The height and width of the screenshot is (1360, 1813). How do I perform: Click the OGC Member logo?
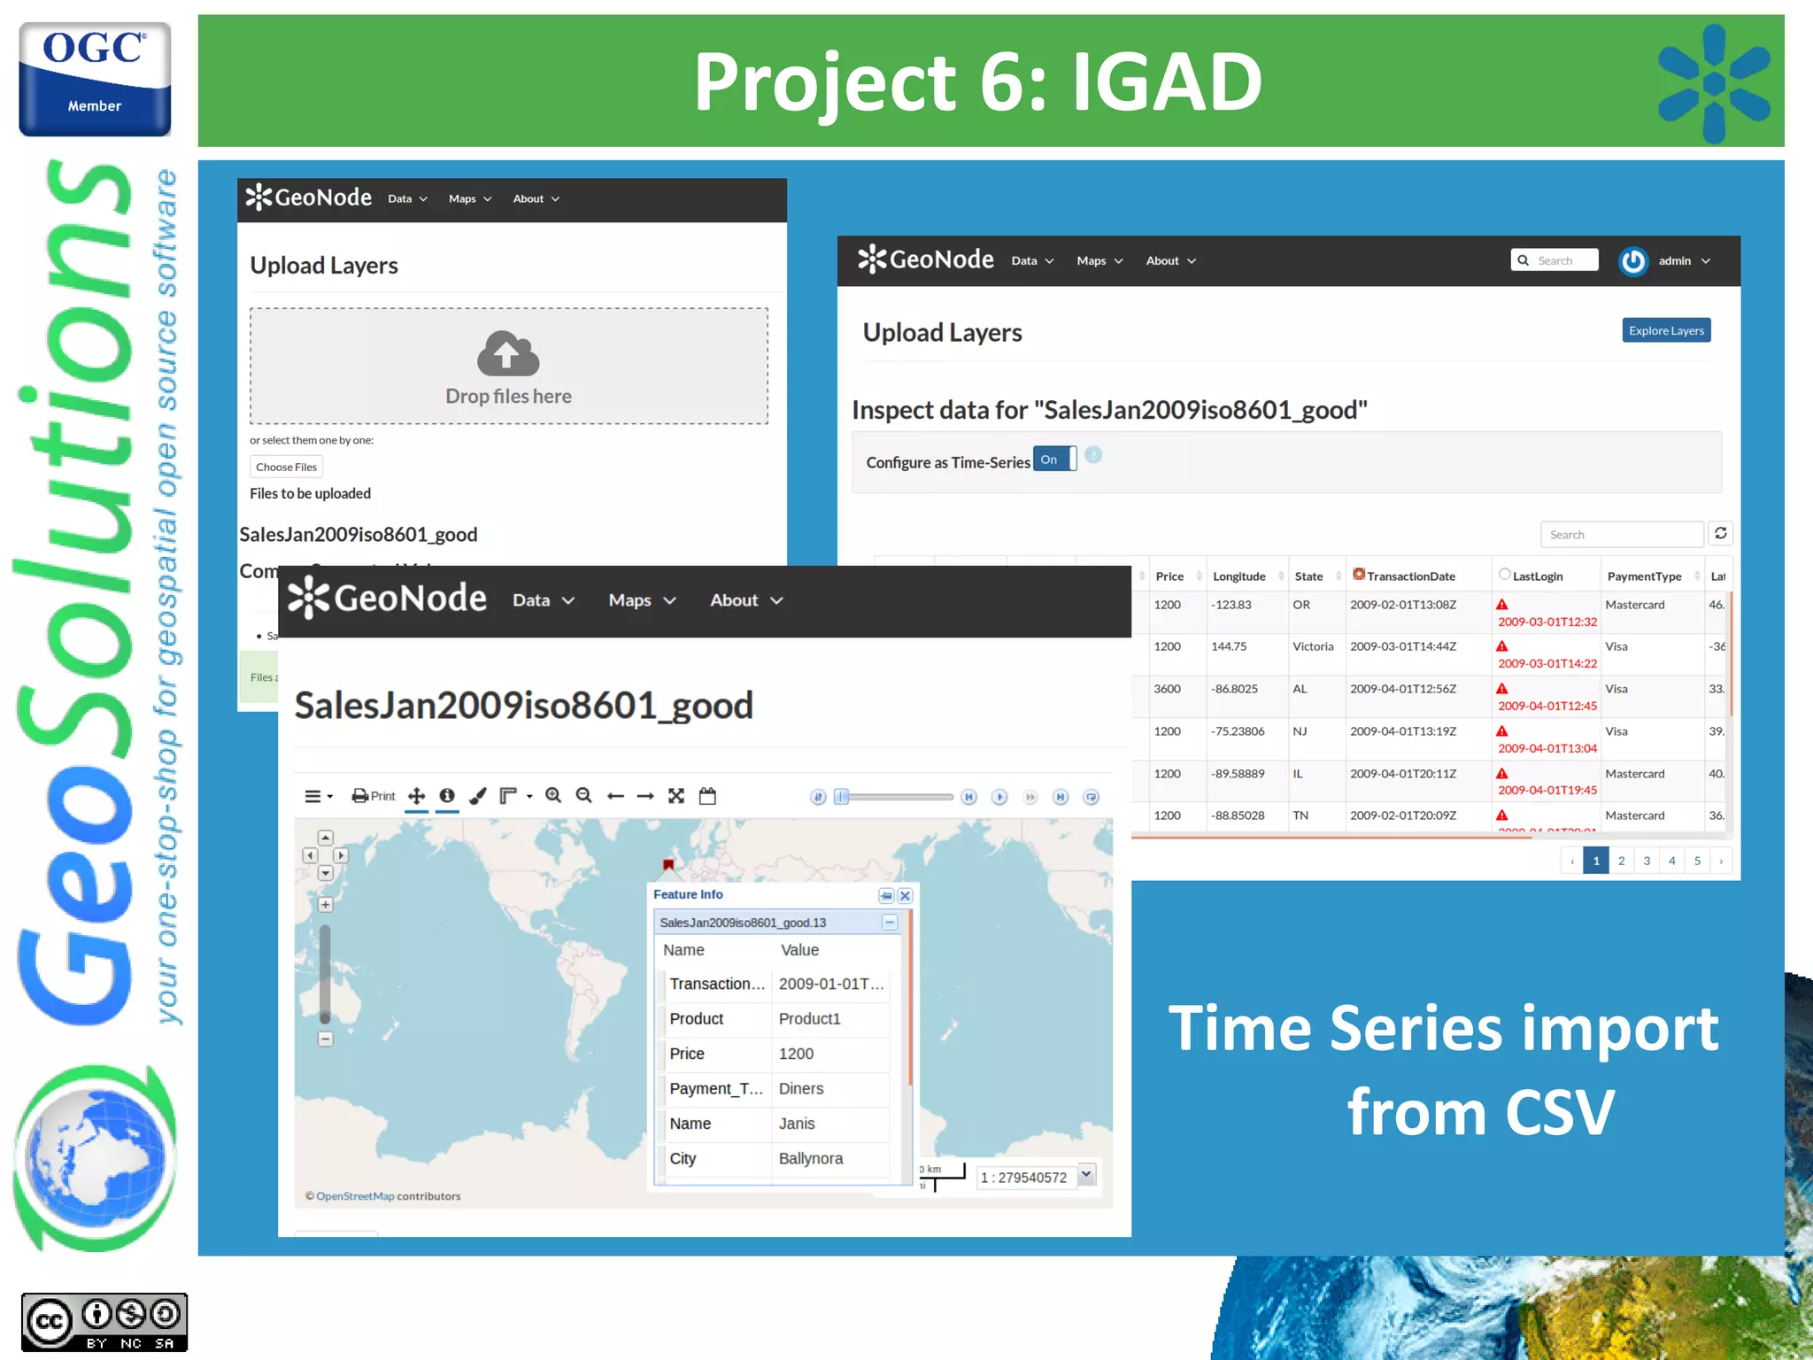(x=95, y=79)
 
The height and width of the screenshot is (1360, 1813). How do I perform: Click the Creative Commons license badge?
(x=104, y=1322)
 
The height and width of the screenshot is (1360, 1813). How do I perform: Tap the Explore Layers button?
(x=1665, y=330)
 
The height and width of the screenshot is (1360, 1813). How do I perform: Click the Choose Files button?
(x=286, y=467)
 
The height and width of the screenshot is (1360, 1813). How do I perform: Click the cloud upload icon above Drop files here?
(x=508, y=353)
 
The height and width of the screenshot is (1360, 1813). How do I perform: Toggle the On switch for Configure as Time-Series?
(x=1054, y=460)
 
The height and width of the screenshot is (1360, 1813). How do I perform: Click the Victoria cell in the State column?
(x=1312, y=646)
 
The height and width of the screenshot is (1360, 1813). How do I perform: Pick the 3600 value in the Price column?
(x=1167, y=689)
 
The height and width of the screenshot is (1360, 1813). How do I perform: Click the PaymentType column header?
(x=1644, y=576)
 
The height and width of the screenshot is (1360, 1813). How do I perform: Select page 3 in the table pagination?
(x=1647, y=861)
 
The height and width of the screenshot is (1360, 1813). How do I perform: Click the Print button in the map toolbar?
(x=374, y=796)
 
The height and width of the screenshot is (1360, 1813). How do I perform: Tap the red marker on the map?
(x=668, y=864)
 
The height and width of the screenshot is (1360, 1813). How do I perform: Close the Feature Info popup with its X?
(x=905, y=896)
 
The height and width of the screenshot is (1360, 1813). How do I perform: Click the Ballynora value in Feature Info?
(x=810, y=1158)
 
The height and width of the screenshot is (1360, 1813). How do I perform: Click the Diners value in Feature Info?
(x=800, y=1088)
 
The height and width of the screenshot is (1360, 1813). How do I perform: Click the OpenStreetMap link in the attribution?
(x=355, y=1196)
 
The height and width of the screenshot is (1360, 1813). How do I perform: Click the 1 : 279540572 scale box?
(x=1024, y=1177)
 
